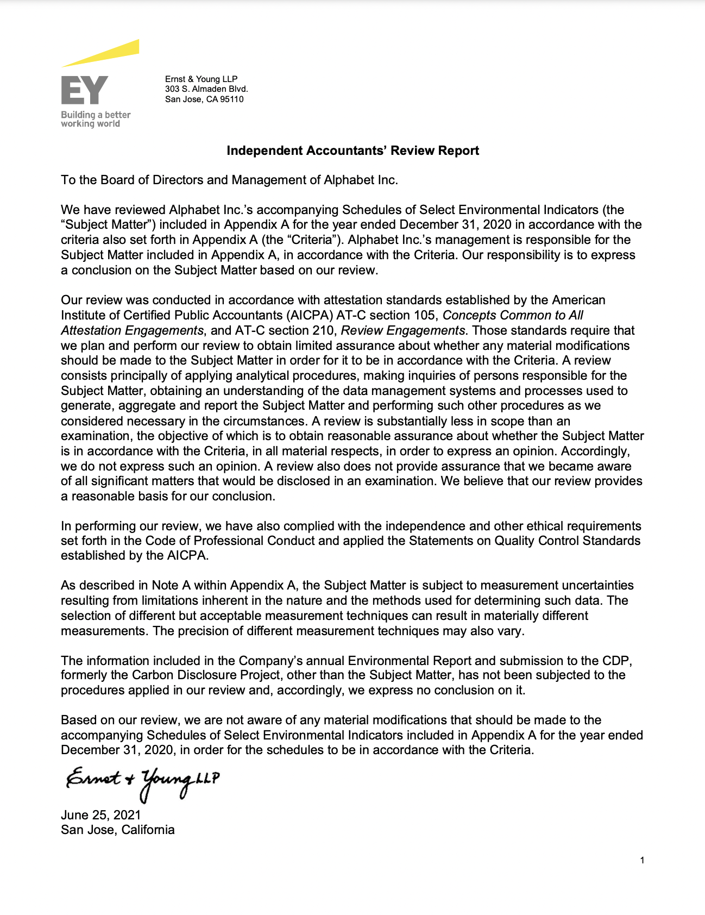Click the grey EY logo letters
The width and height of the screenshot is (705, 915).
click(x=84, y=90)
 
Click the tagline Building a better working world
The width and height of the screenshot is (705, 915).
click(x=95, y=119)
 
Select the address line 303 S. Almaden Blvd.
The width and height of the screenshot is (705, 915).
click(x=206, y=89)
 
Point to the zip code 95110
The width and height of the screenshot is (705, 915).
click(x=231, y=99)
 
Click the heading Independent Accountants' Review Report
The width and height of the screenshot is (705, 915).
click(x=352, y=151)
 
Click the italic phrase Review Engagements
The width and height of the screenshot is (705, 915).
click(x=402, y=330)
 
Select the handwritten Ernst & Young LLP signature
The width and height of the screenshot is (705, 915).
click(x=142, y=782)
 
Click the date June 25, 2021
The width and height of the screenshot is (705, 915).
click(x=100, y=815)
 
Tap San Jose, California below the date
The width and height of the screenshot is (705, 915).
click(x=117, y=830)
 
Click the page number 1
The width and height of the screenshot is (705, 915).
click(x=642, y=860)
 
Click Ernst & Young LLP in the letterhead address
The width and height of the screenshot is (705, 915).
click(x=201, y=79)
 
